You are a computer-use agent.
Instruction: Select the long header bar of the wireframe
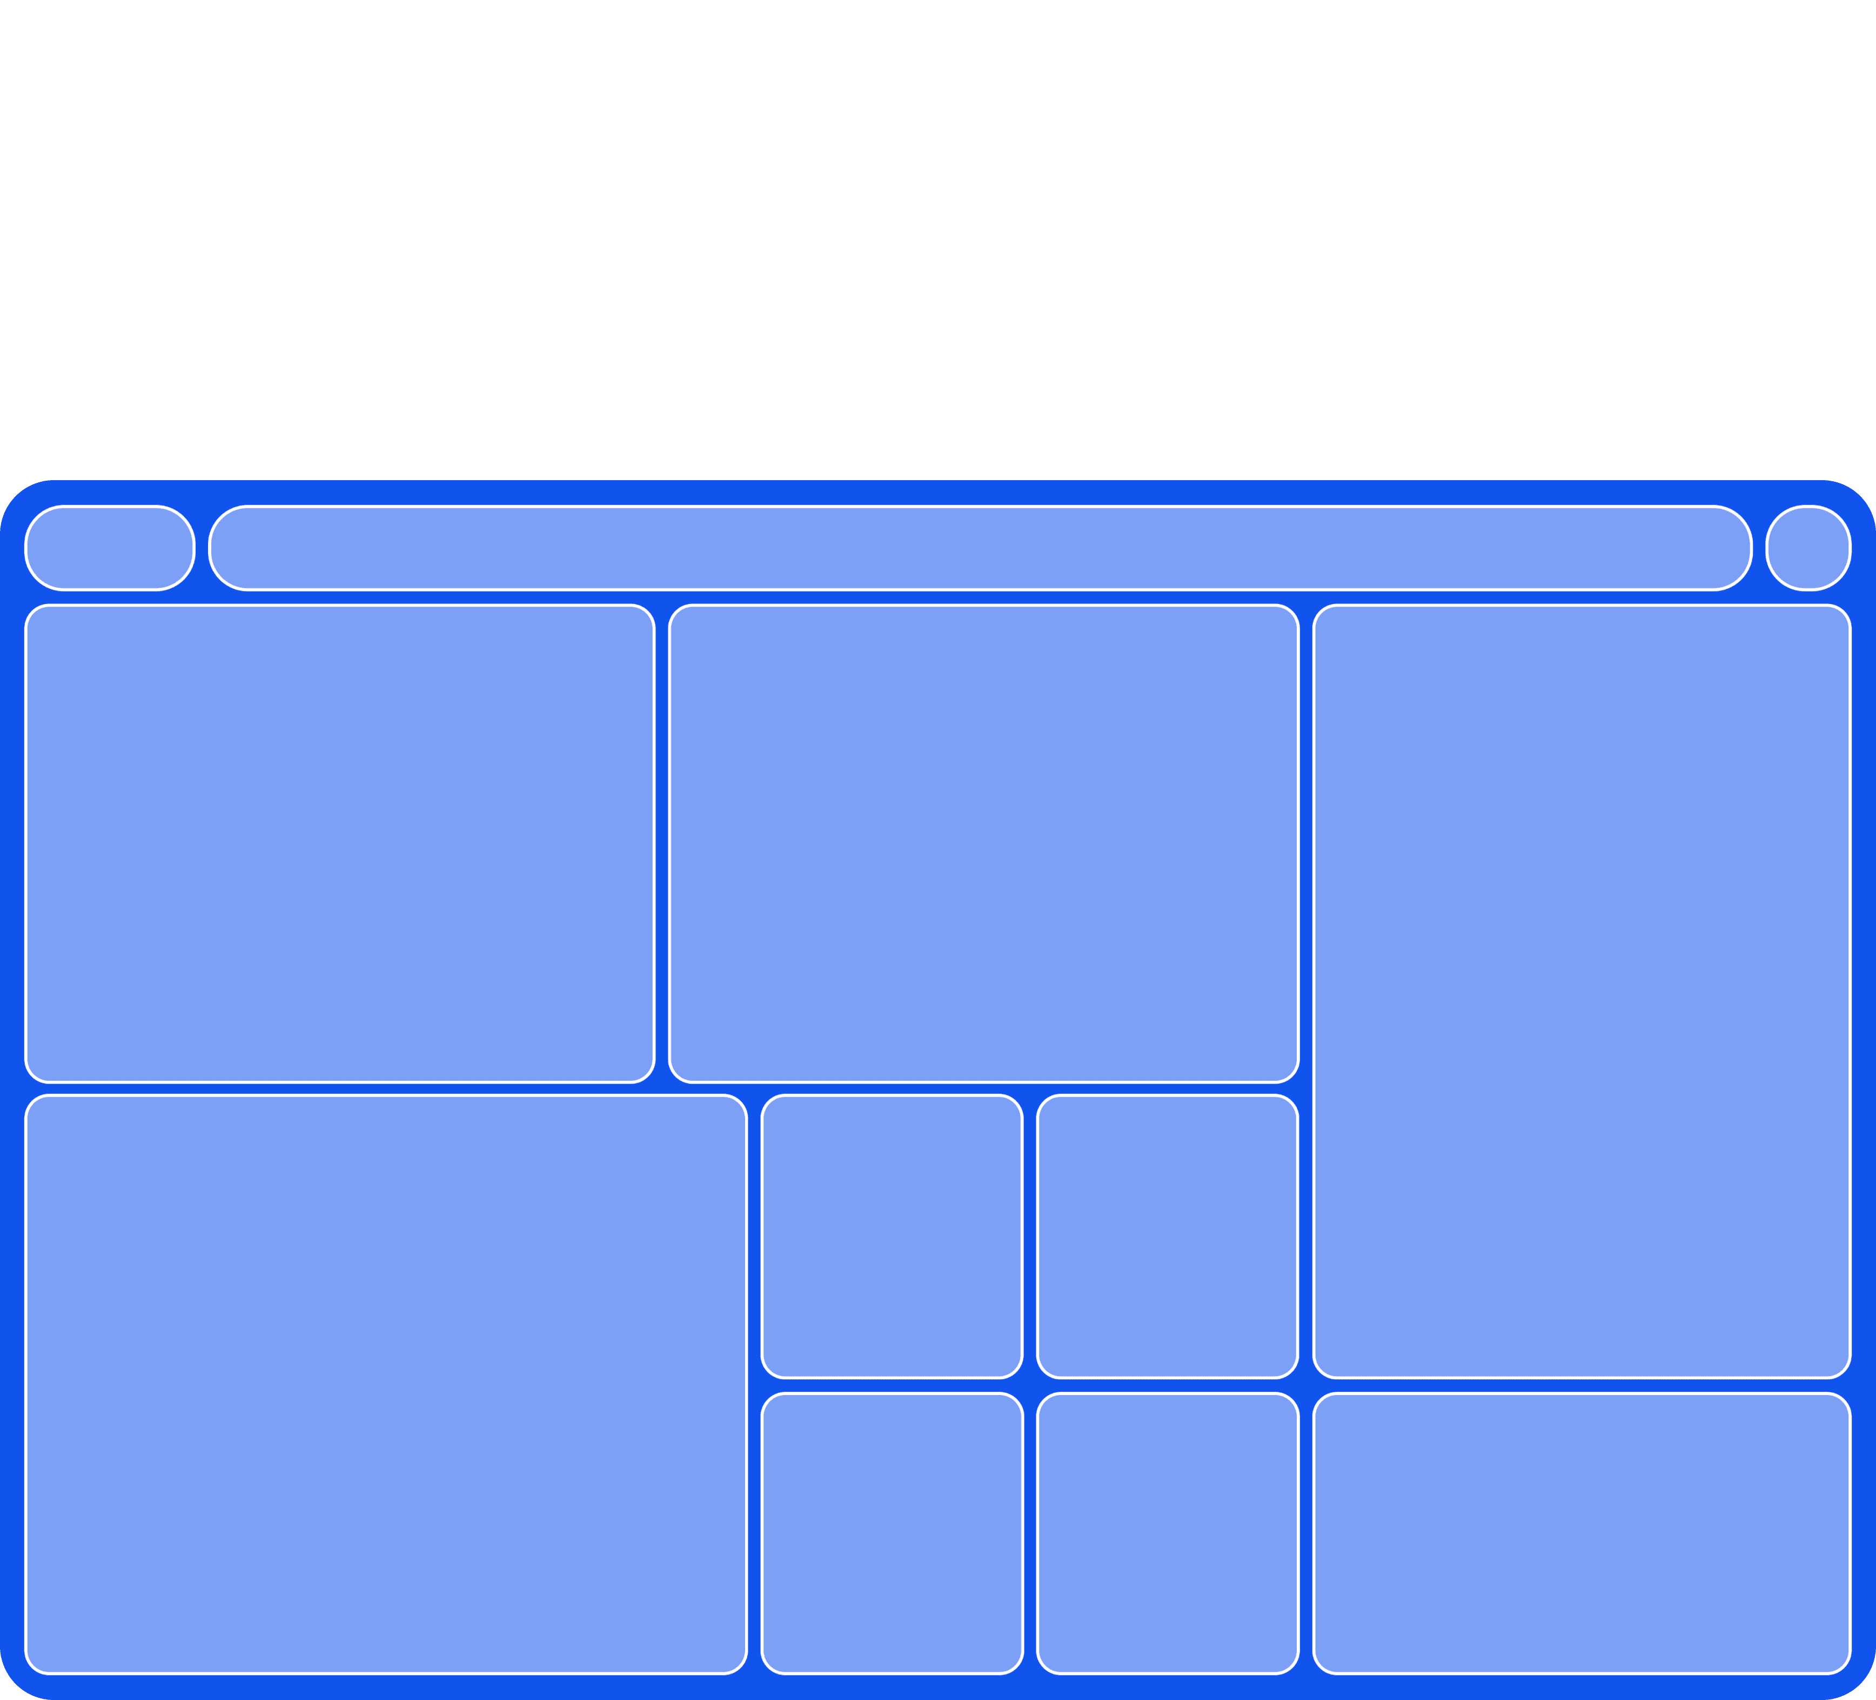pyautogui.click(x=980, y=548)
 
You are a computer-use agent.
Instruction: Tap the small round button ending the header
pyautogui.click(x=1808, y=548)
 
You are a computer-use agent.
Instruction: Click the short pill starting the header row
pyautogui.click(x=110, y=548)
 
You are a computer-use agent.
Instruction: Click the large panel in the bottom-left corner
pyautogui.click(x=385, y=1384)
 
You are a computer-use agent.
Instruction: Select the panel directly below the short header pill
pyautogui.click(x=340, y=844)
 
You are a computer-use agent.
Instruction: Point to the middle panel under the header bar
pyautogui.click(x=983, y=844)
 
